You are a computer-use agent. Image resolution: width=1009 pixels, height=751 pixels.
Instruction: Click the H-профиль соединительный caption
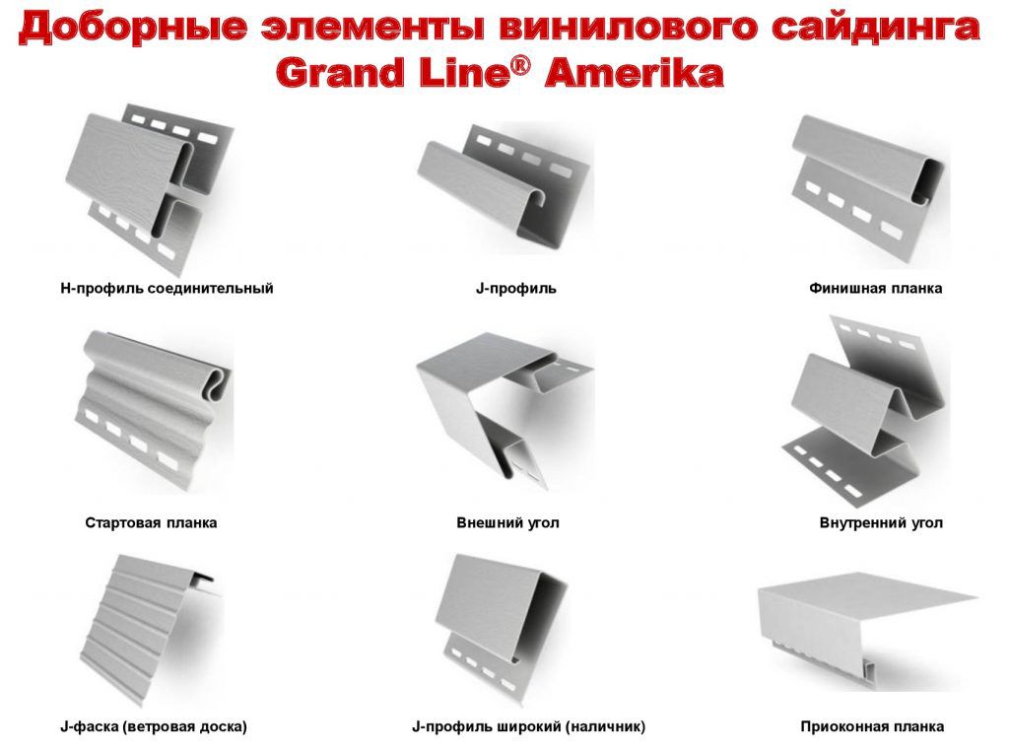pyautogui.click(x=167, y=289)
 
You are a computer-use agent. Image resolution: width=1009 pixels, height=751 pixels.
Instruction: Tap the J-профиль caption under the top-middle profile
pyautogui.click(x=516, y=289)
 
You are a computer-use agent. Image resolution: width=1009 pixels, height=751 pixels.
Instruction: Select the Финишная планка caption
pyautogui.click(x=876, y=289)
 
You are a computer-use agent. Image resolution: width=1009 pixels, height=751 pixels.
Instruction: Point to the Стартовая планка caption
pyautogui.click(x=151, y=522)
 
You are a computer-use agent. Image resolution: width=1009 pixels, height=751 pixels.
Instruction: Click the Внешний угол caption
pyautogui.click(x=507, y=522)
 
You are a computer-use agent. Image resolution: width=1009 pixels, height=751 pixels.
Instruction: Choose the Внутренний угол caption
pyautogui.click(x=881, y=522)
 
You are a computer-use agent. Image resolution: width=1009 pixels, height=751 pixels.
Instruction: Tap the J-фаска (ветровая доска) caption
pyautogui.click(x=153, y=727)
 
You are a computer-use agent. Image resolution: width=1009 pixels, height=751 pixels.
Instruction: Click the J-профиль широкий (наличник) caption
pyautogui.click(x=528, y=727)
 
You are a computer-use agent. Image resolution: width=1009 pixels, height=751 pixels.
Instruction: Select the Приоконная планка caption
pyautogui.click(x=873, y=727)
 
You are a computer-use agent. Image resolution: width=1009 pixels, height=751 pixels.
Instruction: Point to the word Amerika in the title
pyautogui.click(x=634, y=72)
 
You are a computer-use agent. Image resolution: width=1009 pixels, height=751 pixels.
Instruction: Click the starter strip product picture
pyautogui.click(x=152, y=409)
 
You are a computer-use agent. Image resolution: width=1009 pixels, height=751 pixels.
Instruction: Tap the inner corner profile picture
pyautogui.click(x=865, y=412)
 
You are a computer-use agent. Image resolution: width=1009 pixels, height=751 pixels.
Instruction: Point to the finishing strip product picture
pyautogui.click(x=869, y=190)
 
